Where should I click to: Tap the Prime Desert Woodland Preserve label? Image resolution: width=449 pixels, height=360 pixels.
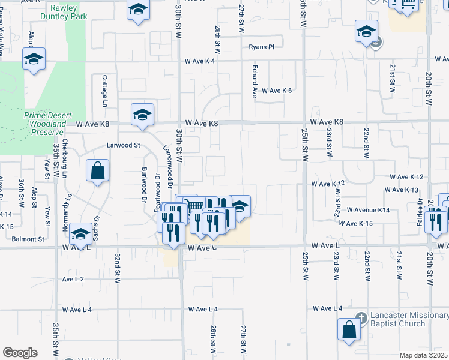coord(44,123)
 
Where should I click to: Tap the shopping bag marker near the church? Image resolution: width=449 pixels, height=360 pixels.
coord(349,329)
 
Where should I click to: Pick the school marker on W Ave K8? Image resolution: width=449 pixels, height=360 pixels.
coord(142,114)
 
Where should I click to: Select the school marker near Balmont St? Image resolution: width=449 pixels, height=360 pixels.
coord(80,235)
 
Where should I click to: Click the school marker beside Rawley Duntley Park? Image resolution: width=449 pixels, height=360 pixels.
coord(138,10)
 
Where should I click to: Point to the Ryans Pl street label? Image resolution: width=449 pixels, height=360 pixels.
coord(261,47)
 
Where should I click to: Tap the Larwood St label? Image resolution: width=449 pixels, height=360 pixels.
coord(123,145)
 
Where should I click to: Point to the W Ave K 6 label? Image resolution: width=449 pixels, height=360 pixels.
coord(276,91)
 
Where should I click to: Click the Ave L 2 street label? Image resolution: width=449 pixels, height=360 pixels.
coord(73,280)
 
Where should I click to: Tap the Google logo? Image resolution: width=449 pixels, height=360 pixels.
coord(20,353)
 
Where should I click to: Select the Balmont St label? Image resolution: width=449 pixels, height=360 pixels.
coord(28,239)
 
